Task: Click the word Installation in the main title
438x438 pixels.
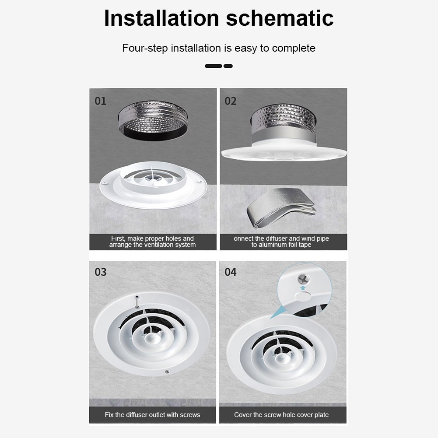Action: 161,18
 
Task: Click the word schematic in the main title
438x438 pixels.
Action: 280,18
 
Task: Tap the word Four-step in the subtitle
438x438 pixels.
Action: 145,48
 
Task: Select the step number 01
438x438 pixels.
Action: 101,101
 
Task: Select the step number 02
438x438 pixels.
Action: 231,101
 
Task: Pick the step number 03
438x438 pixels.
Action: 101,272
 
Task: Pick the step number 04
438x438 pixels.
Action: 231,272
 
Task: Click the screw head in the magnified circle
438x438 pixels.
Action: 304,278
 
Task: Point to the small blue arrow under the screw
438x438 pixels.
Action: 303,288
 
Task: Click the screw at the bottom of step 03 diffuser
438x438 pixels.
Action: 167,371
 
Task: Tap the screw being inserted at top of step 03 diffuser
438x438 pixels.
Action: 137,301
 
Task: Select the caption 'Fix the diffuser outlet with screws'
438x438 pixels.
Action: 153,415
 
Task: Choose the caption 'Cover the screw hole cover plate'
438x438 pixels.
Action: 281,415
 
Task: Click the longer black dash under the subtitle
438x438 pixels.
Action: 214,66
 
